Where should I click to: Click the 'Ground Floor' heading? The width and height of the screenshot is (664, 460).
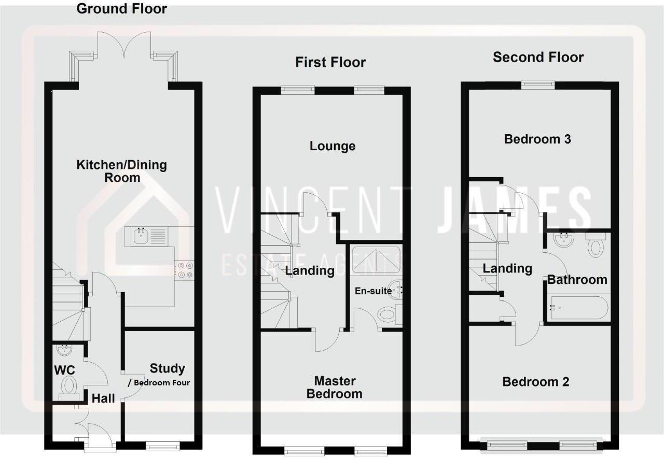(121, 9)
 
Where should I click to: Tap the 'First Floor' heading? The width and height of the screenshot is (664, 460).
(330, 62)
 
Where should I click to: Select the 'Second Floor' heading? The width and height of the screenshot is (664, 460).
(538, 57)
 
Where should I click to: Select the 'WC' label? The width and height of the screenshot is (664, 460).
(65, 370)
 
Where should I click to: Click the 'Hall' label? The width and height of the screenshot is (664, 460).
(103, 398)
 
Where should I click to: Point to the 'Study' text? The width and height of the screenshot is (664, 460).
(167, 368)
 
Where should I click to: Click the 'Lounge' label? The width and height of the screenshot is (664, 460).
(333, 146)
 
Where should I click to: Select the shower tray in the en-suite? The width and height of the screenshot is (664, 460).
(376, 259)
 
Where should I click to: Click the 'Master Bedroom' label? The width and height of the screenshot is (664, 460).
(334, 387)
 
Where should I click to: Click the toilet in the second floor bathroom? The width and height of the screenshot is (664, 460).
(595, 245)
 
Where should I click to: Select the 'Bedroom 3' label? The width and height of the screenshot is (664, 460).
(537, 139)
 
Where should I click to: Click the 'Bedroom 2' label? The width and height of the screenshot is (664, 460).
(535, 382)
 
